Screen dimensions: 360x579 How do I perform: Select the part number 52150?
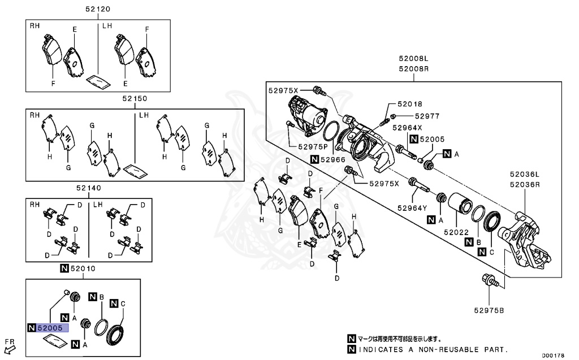135,98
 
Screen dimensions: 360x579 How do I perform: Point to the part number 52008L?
413,59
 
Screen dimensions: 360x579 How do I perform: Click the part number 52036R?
524,184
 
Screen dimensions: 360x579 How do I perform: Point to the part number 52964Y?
413,207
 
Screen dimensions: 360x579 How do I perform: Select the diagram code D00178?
557,355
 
